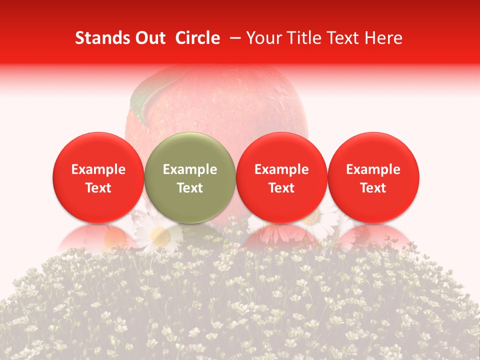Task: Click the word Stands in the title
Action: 100,38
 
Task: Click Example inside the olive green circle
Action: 190,169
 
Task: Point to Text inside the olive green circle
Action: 190,188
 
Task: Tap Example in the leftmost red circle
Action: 98,169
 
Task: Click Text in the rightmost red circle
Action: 373,188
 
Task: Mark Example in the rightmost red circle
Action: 373,169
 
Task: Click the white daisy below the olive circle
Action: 159,233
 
